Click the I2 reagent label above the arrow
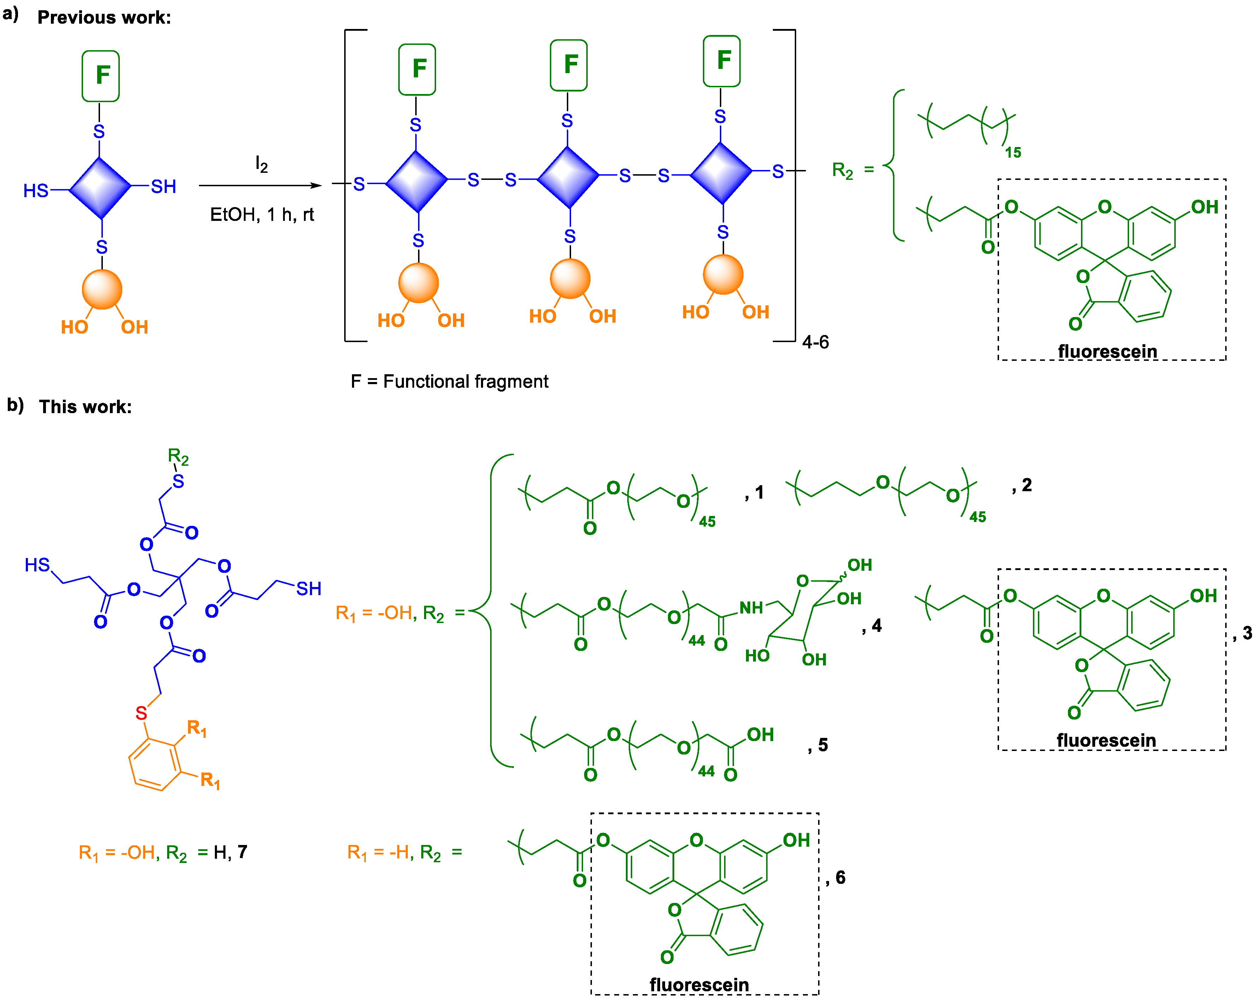261,164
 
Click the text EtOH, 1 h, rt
262,215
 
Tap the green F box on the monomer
101,76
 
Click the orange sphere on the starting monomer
102,289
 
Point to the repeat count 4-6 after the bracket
815,342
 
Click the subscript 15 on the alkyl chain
1013,152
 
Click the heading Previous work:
104,17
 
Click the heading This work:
85,406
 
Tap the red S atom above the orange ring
141,712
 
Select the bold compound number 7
242,852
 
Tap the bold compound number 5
823,745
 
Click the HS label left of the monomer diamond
36,190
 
